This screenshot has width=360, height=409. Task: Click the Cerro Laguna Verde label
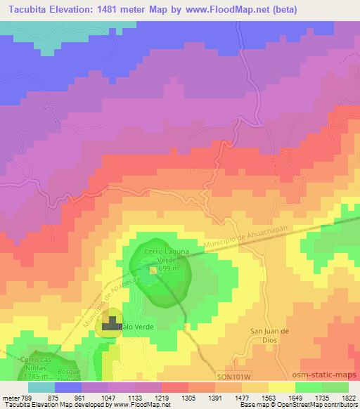coord(163,254)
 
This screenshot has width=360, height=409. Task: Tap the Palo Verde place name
coord(136,327)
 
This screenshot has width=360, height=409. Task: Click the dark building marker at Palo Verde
coord(110,325)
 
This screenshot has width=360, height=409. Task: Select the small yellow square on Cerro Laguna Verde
coord(153,268)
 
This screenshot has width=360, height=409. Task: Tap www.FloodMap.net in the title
coord(237,9)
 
